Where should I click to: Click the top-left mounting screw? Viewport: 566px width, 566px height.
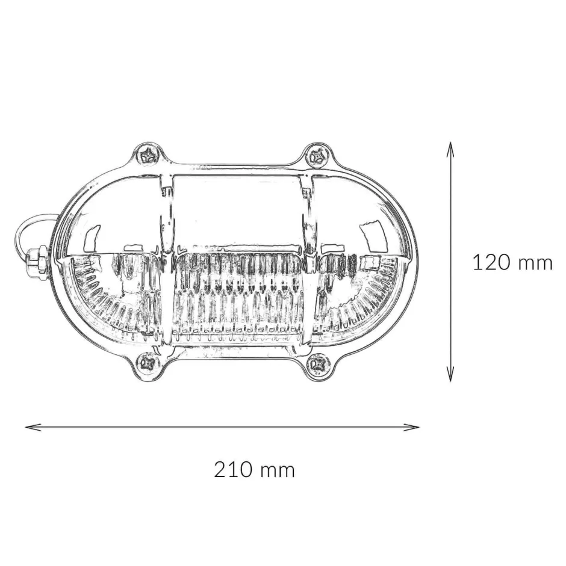coord(149,156)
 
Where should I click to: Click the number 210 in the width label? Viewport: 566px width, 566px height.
coord(233,470)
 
